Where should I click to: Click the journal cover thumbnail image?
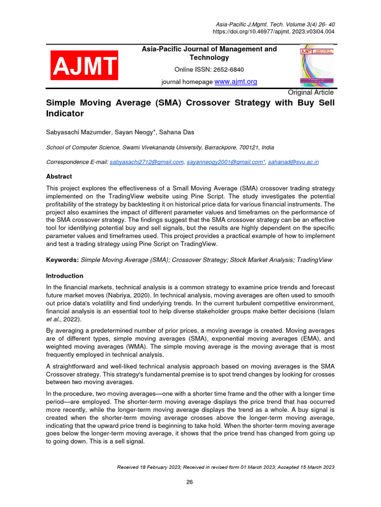point(317,65)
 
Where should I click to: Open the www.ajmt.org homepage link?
point(236,81)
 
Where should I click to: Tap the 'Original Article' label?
point(311,92)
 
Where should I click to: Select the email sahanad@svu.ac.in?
point(293,162)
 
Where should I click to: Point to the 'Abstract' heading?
point(59,176)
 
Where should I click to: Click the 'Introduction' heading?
point(64,276)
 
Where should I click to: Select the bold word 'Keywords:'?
point(62,260)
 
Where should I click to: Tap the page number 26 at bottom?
point(190,483)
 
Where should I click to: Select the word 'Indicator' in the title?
point(65,113)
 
